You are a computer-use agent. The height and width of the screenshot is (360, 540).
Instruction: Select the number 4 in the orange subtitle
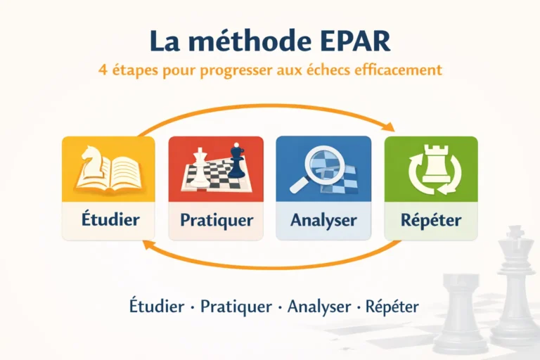pyautogui.click(x=103, y=71)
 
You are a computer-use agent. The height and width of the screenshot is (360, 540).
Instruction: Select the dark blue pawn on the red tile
pyautogui.click(x=238, y=161)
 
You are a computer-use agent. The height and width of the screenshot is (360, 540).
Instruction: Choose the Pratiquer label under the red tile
pyautogui.click(x=216, y=219)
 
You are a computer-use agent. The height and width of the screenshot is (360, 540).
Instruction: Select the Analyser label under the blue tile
pyautogui.click(x=323, y=219)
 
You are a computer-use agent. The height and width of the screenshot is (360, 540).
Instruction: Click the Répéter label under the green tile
pyautogui.click(x=431, y=219)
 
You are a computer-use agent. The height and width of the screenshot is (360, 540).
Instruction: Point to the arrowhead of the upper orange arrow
pyautogui.click(x=389, y=127)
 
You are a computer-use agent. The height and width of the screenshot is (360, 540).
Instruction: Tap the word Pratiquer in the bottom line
pyautogui.click(x=236, y=307)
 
